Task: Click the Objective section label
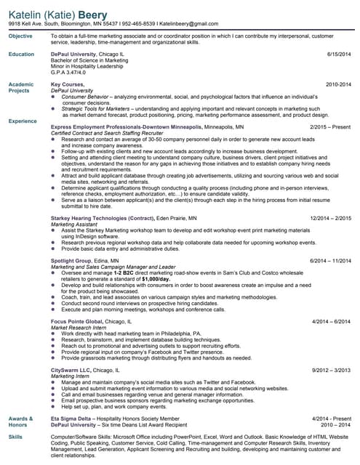point(20,36)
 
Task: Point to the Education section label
point(21,54)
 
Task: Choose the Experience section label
point(23,121)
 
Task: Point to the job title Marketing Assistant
point(73,224)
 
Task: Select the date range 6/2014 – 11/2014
point(330,260)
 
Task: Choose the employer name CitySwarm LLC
point(71,370)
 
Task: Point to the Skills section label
point(15,436)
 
